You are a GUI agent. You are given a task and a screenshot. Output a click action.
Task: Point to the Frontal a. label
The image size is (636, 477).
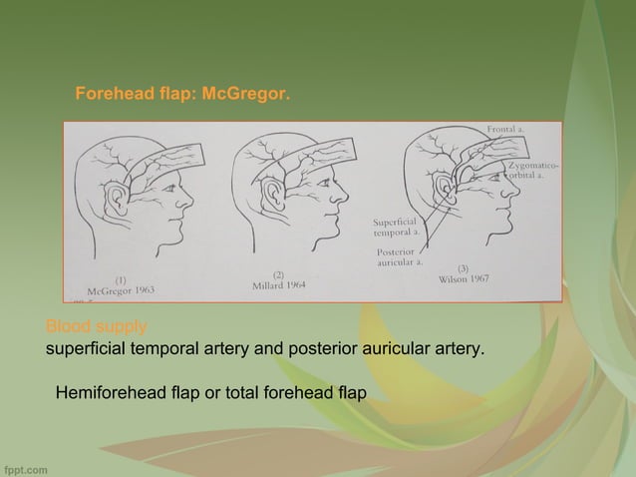pos(508,130)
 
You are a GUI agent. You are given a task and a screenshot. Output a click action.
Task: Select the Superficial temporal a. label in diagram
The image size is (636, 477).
pos(398,226)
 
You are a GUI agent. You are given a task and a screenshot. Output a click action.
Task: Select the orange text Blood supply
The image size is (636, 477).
pos(96,326)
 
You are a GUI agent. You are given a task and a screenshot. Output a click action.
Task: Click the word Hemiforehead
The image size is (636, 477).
pos(109,392)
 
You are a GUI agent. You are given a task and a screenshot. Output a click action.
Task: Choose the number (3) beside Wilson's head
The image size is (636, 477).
pos(463,267)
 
